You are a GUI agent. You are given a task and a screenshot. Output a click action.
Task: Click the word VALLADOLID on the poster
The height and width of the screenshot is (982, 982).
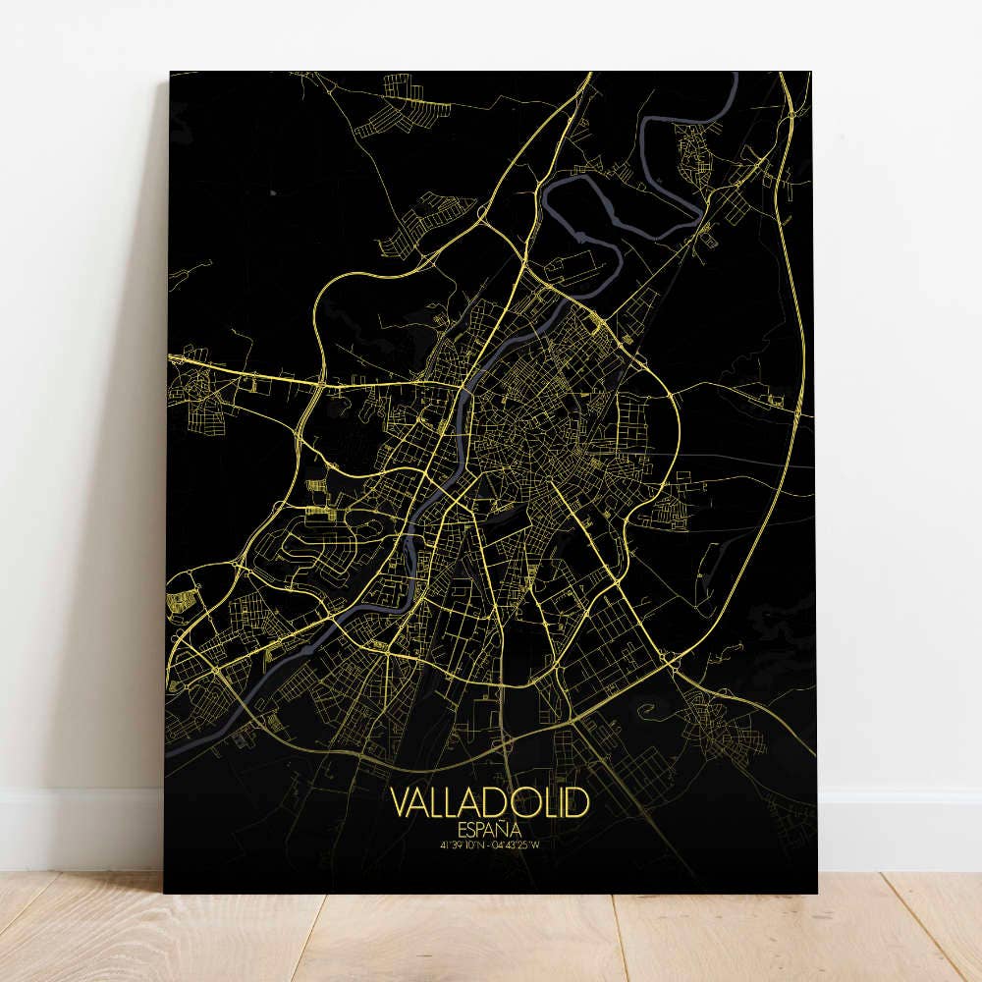[x=491, y=801]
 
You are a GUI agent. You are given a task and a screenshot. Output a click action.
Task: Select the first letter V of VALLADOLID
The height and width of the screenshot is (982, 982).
[x=401, y=801]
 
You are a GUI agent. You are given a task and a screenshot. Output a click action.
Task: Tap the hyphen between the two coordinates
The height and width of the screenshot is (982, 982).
[x=490, y=844]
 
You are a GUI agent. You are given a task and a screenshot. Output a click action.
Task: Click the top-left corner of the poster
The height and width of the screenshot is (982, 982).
[x=170, y=72]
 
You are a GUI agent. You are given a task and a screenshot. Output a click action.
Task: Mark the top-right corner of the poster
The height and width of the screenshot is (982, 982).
[x=811, y=72]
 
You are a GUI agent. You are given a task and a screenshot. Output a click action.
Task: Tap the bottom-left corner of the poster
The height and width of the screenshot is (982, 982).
[x=164, y=892]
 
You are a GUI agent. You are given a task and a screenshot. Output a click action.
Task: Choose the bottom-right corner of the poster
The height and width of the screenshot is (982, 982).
[x=818, y=892]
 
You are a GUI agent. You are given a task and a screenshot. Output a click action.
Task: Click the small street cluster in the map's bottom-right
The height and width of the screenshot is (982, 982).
[x=727, y=727]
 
